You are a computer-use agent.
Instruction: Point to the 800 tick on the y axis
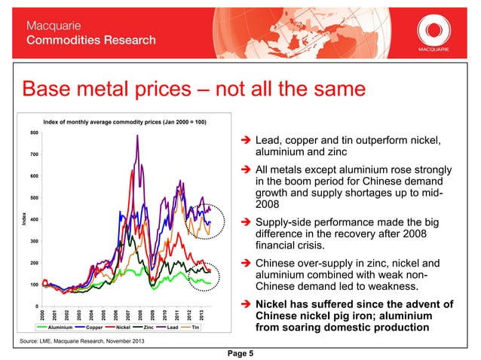(x=35, y=133)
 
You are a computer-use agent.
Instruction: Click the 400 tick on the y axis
(x=35, y=220)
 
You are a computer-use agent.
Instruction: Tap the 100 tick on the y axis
(x=35, y=285)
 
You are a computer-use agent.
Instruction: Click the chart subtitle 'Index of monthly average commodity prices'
(x=124, y=121)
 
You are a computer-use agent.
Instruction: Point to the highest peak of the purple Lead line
(x=137, y=136)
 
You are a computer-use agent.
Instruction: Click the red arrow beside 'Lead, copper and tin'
(x=245, y=141)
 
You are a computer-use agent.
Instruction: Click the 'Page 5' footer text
(x=240, y=350)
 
